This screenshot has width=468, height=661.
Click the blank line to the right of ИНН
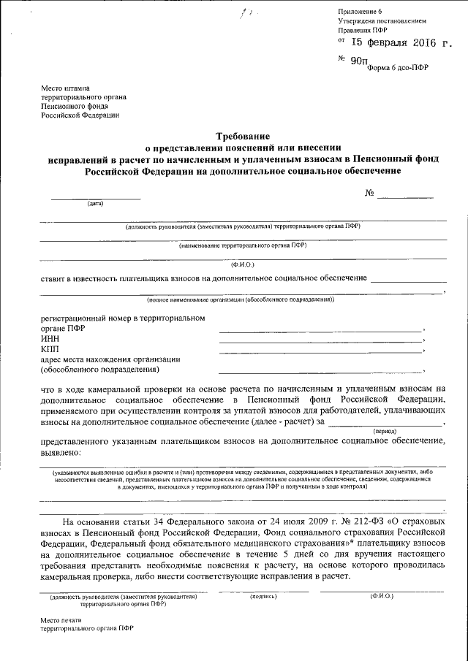(320, 341)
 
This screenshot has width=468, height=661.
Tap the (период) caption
(385, 432)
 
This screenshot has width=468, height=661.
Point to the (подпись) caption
(263, 596)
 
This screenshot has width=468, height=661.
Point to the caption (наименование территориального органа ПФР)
(242, 245)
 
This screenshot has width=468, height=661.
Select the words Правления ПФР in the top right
(363, 31)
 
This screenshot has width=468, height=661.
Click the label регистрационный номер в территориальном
(123, 318)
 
